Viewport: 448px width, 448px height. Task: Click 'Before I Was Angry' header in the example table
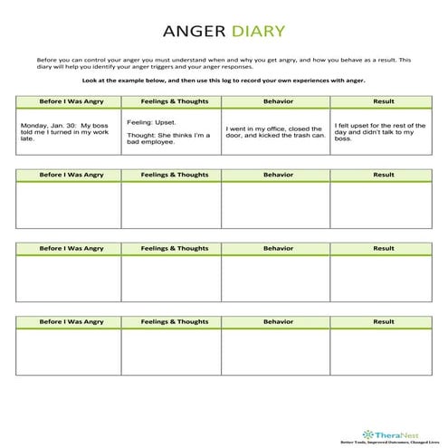[68, 100]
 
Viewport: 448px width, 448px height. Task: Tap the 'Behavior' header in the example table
[274, 100]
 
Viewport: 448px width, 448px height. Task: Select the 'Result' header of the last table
[383, 321]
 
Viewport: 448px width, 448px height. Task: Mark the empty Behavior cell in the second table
[274, 204]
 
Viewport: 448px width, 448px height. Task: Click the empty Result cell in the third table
[383, 278]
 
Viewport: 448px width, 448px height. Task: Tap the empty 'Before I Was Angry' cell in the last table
[68, 351]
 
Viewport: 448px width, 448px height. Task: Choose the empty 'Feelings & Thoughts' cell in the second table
[170, 204]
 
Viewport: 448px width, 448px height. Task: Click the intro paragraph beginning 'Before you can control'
[224, 61]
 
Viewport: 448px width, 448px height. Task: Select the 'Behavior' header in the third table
[274, 248]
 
